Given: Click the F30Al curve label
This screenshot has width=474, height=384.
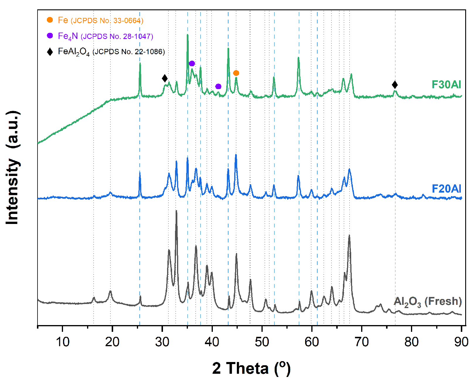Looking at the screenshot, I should pos(446,84).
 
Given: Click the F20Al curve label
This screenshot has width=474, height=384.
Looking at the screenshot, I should pos(446,188).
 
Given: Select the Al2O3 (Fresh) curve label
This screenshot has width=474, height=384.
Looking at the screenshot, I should pos(427,302).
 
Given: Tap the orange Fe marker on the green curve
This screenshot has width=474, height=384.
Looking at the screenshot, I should pos(236,73).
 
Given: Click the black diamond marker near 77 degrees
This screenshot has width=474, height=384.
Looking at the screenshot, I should pos(395,85).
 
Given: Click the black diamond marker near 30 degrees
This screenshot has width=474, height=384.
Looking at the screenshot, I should pos(165,78).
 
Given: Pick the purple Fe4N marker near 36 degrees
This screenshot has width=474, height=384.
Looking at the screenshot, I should pos(192,64).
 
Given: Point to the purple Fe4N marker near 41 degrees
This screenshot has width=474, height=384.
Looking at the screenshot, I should pos(218,86).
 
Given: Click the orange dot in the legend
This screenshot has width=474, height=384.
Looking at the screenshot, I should pos(50,20).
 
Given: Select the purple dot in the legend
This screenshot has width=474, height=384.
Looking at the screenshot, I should pos(50,35).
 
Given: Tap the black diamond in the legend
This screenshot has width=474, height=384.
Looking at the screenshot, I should pos(50,52).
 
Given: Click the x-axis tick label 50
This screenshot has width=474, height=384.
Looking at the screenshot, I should pos(262,342).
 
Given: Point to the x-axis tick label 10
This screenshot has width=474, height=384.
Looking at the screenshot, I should pos(62,342).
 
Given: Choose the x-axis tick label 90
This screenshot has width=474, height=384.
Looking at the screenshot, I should pos(461,342).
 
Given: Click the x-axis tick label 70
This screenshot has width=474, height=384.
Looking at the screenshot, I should pos(361,342).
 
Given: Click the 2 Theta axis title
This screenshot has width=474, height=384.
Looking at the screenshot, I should pos(251,368).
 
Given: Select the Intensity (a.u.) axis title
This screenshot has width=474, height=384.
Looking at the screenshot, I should pos(12,168).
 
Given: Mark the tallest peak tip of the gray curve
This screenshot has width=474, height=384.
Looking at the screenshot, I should pos(176,211).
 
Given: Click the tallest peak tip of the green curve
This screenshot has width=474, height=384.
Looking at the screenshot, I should pos(187,35).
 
